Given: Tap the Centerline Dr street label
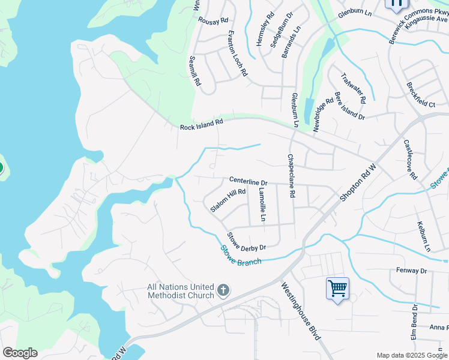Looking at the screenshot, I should coord(248,181).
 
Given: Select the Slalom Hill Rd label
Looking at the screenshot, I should coord(228,200).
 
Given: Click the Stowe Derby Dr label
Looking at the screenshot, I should coord(246,241).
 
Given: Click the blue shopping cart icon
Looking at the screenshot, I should coord(337,289).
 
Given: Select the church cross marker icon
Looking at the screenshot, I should coord(223,292).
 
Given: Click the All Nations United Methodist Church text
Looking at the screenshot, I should coord(180,291).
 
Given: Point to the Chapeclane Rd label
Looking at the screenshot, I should coord(291,176).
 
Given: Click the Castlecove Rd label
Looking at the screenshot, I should coord(410,160).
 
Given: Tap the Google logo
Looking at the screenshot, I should coord(20,353).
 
